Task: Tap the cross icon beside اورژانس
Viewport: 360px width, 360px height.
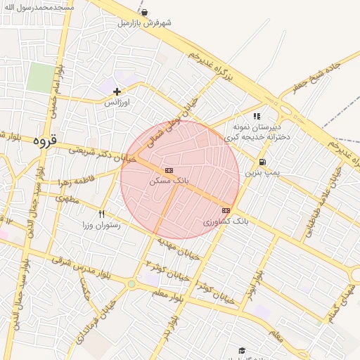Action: point(117,91)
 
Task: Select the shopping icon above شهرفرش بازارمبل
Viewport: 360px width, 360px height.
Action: point(144,13)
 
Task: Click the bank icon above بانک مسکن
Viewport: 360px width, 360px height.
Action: point(169,170)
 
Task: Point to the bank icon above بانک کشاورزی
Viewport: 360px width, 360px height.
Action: point(226,210)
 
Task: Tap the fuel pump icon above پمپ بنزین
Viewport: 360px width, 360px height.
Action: point(262,162)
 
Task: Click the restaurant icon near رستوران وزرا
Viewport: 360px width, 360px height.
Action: point(102,214)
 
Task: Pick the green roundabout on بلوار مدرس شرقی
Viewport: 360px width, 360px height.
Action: point(131,283)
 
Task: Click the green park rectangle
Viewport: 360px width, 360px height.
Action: point(41,77)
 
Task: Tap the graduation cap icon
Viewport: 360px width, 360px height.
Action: point(242,350)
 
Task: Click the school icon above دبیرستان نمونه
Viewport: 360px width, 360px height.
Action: point(257,116)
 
